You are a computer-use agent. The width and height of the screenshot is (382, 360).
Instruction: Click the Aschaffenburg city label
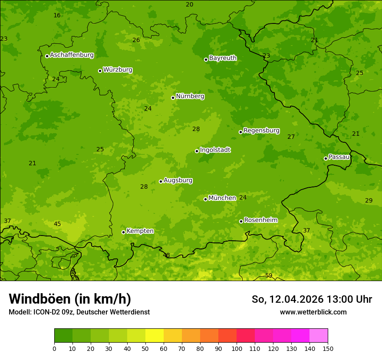[x=72, y=55]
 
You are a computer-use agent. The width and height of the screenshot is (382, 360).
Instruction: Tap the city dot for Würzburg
[x=100, y=71]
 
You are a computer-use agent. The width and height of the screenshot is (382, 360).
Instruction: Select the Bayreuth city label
[x=223, y=58]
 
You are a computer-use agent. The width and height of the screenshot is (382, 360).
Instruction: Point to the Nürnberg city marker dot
[x=173, y=98]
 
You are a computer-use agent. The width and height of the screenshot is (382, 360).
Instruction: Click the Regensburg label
[x=261, y=131]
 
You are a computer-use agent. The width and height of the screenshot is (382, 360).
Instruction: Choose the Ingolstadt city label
[x=215, y=150]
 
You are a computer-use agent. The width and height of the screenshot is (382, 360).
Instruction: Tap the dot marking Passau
[x=326, y=158]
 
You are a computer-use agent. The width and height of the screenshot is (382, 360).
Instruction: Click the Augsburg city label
[x=178, y=180]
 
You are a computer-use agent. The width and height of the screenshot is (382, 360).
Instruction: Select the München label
[x=222, y=198]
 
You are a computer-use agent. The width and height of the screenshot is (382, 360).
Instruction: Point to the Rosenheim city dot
[x=241, y=221]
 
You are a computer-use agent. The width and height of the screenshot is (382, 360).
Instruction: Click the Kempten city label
[x=140, y=231]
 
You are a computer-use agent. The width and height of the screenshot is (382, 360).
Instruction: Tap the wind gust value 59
[x=269, y=276]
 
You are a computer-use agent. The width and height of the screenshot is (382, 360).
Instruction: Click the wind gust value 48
[x=166, y=255]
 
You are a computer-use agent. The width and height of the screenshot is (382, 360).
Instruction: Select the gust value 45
[x=57, y=224]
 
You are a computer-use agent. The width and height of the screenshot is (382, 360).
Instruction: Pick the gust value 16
[x=57, y=16]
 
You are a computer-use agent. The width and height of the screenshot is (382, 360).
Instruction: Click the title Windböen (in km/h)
[x=70, y=299]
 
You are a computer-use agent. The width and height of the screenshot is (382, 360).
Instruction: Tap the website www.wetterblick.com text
[x=313, y=312]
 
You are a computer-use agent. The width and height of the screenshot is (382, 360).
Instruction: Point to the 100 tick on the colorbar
[x=237, y=348]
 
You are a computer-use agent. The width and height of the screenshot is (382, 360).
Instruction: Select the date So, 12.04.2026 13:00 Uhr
[x=312, y=299]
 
